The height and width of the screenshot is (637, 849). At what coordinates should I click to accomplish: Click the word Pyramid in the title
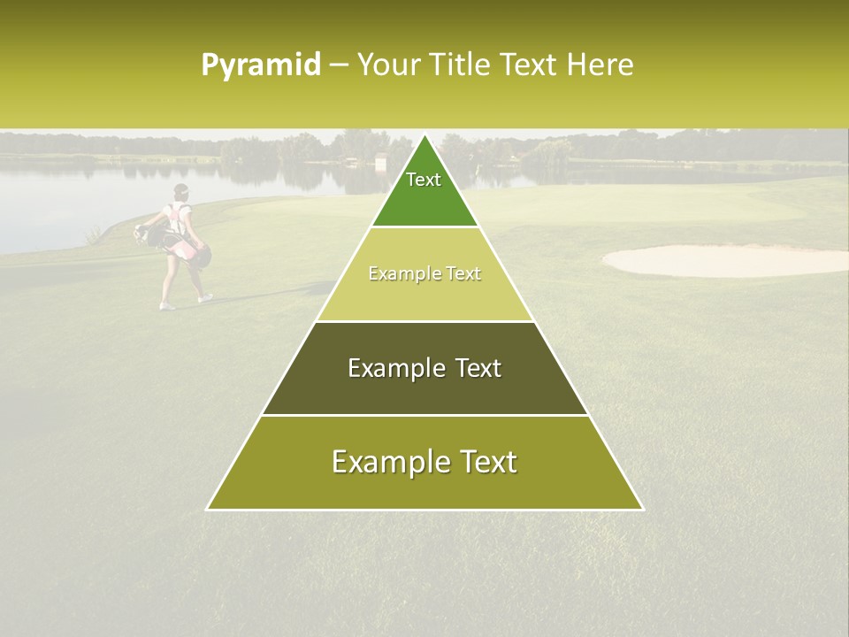[261, 65]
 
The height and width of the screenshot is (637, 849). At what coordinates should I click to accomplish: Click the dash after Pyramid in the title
[339, 65]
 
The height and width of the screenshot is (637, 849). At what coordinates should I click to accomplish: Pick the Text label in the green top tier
[424, 180]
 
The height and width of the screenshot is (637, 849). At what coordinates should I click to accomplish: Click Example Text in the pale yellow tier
[424, 273]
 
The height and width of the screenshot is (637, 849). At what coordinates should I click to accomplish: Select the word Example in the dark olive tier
[393, 368]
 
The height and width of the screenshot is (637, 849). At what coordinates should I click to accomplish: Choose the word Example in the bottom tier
[386, 462]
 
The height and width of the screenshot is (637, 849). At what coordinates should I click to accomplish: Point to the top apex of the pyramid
[424, 135]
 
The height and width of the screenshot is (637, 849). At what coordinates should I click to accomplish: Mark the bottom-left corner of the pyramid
[207, 510]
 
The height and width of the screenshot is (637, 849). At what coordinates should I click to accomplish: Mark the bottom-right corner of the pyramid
[643, 510]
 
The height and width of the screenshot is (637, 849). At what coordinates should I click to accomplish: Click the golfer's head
[181, 191]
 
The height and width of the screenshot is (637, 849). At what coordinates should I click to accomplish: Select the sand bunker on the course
[725, 260]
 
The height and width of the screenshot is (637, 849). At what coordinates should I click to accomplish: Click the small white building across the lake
[380, 163]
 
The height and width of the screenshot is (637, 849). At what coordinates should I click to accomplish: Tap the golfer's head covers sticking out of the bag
[141, 234]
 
